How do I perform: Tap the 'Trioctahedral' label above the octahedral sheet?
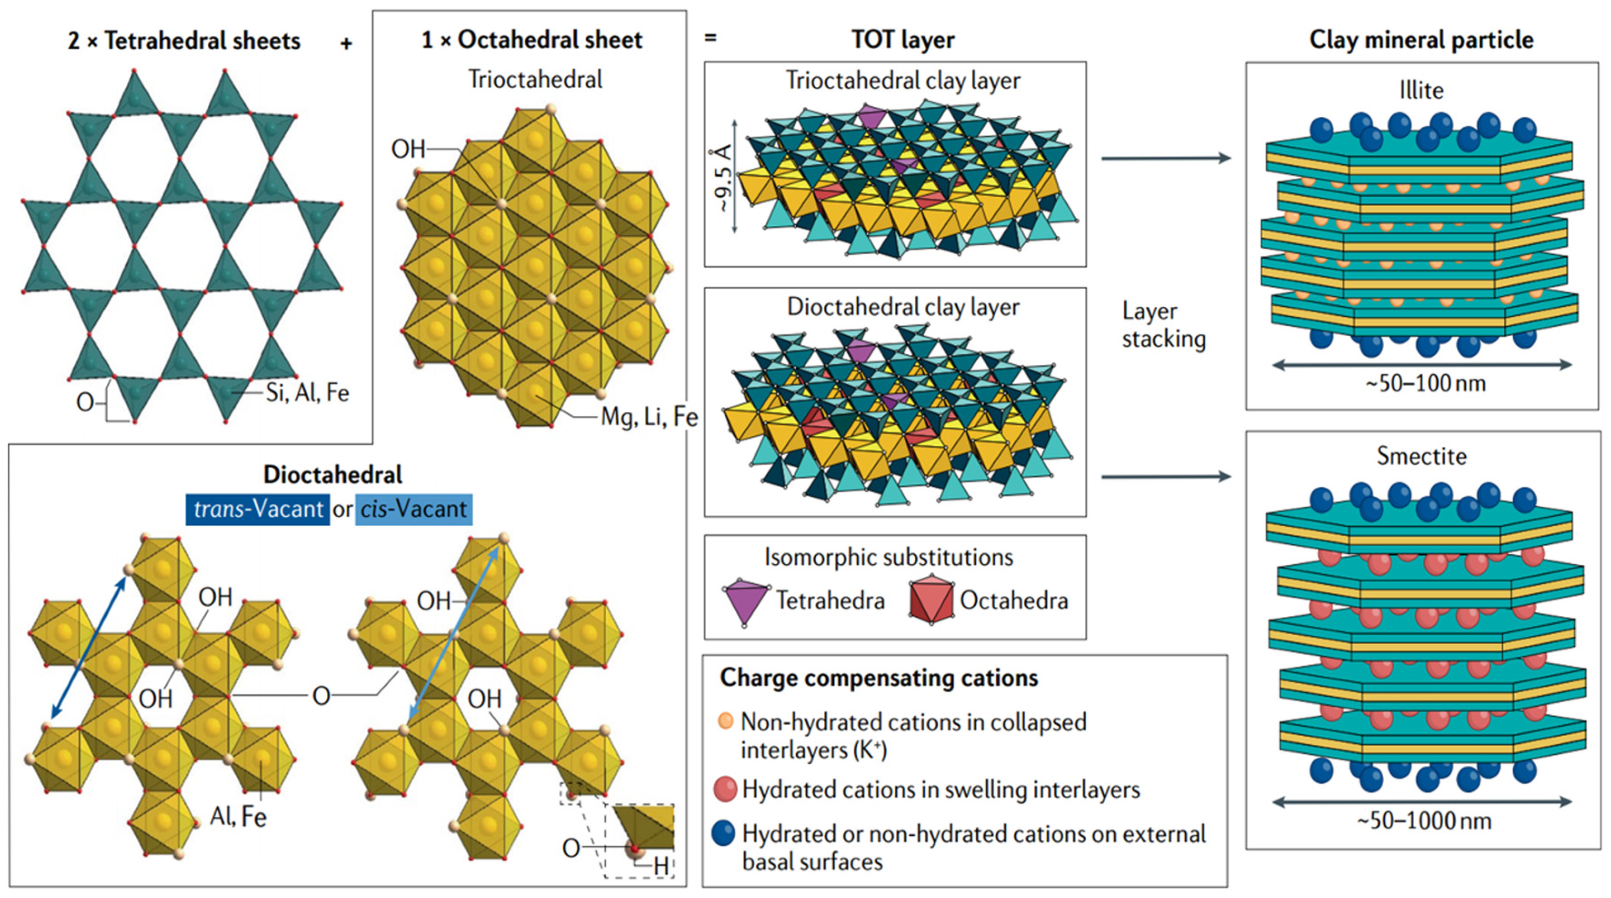tap(535, 80)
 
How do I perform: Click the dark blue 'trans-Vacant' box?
tap(258, 509)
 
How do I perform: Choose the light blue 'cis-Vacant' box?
tap(414, 509)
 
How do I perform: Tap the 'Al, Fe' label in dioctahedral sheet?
tap(238, 817)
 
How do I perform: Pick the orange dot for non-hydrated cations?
tap(725, 721)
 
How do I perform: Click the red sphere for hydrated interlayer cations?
tap(725, 789)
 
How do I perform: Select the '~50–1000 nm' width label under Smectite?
tap(1424, 820)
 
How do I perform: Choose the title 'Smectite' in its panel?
tap(1421, 456)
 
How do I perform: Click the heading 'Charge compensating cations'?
tap(879, 678)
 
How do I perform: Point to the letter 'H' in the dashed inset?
tap(660, 867)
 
